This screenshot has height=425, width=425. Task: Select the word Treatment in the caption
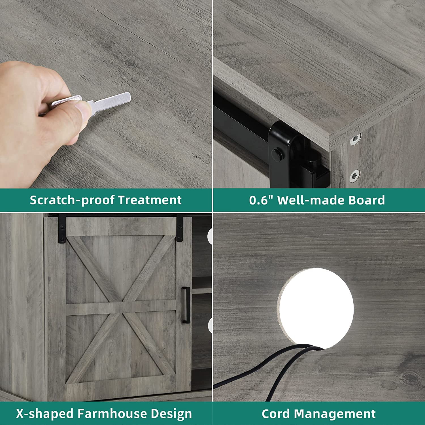tap(150, 200)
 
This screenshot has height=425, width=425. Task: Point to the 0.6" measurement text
tap(261, 200)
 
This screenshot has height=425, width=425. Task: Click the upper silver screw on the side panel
tap(356, 139)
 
